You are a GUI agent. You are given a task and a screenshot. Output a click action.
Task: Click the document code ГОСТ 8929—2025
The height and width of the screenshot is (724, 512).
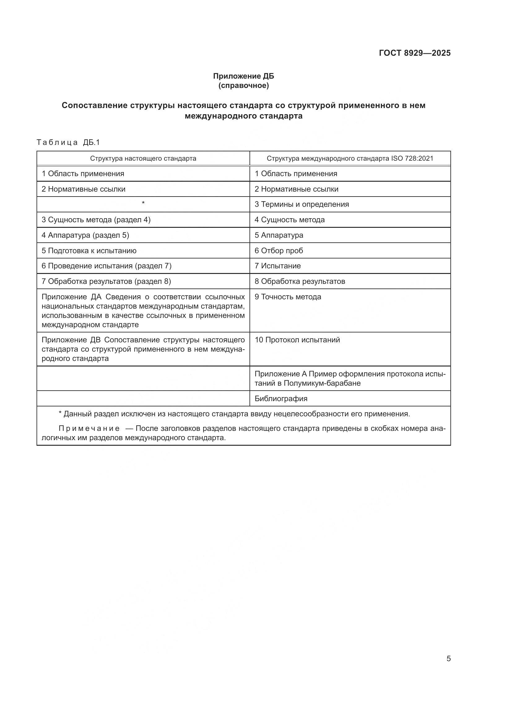[x=414, y=53]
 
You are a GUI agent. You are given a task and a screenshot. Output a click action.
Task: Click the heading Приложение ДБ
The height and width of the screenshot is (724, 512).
[x=243, y=76]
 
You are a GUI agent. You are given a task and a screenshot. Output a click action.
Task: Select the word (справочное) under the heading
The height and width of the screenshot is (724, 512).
[x=243, y=85]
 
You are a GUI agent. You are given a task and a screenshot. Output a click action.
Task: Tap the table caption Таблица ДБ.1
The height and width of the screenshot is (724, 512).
[x=68, y=142]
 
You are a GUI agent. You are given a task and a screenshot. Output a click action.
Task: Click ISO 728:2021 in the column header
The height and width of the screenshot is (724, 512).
[x=412, y=158]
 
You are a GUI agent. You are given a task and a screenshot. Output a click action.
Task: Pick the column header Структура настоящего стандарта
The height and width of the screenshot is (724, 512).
[x=143, y=158]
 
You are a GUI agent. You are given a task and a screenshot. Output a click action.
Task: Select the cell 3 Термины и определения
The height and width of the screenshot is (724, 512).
[x=302, y=204]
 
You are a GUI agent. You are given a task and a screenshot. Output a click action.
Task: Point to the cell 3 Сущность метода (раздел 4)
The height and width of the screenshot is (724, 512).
[x=96, y=220]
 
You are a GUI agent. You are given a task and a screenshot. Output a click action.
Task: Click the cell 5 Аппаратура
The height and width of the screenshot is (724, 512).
[x=279, y=235]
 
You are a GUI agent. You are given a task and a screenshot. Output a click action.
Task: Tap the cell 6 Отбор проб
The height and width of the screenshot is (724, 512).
[x=279, y=251]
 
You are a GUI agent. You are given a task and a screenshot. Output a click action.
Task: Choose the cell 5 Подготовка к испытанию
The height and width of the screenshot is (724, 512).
[x=89, y=251]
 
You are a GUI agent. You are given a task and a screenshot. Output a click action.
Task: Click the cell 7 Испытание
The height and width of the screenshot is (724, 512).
[x=277, y=266]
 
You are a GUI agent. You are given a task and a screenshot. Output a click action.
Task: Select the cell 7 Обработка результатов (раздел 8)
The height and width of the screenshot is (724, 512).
[x=106, y=281]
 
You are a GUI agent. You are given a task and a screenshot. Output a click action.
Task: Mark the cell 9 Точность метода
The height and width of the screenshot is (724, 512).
[x=288, y=297]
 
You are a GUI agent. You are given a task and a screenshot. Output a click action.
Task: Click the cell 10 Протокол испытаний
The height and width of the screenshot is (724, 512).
[x=297, y=340]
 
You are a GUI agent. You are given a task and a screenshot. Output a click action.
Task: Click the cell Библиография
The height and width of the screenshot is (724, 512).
[x=281, y=399]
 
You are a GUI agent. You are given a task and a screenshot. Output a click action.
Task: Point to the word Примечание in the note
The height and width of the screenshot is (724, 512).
[x=89, y=428]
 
